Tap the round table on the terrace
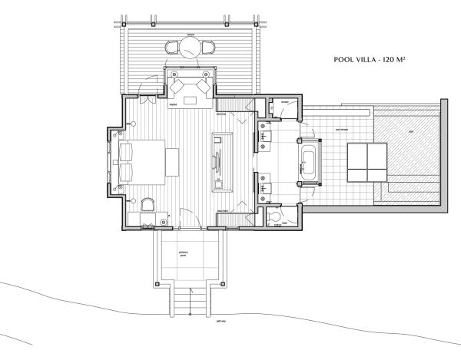click(x=189, y=48)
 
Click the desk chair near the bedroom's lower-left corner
click(x=148, y=203)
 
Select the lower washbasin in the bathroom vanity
click(x=269, y=183)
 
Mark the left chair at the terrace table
click(x=171, y=48)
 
